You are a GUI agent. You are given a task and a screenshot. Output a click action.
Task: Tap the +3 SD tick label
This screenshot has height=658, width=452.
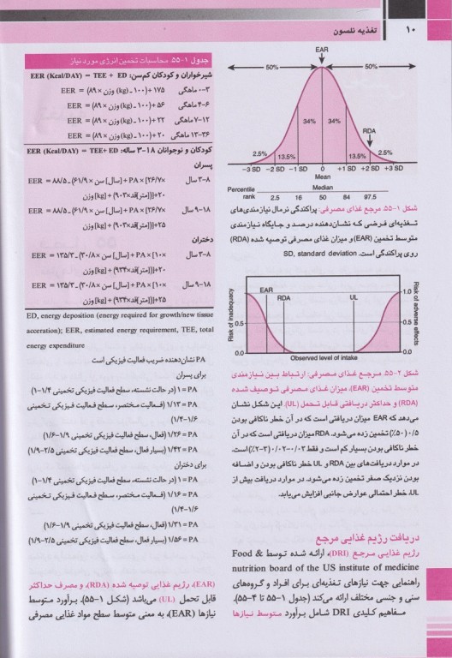392,169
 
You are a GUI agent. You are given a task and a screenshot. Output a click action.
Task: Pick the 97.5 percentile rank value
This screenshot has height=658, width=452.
369,197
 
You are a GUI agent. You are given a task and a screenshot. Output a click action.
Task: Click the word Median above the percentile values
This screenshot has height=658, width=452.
322,188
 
